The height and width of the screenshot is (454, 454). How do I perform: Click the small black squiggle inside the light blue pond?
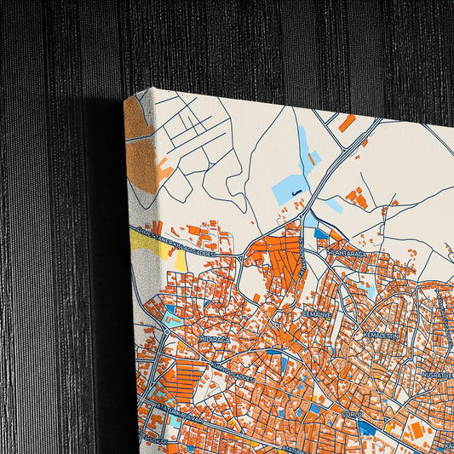pyautogui.click(x=295, y=194)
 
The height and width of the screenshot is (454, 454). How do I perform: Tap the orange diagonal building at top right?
pyautogui.click(x=347, y=124)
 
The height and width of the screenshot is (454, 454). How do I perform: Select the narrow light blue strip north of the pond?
pyautogui.click(x=303, y=145)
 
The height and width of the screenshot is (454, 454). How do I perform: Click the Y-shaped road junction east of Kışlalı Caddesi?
pyautogui.click(x=246, y=253)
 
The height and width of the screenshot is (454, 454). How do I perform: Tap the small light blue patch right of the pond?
pyautogui.click(x=333, y=205)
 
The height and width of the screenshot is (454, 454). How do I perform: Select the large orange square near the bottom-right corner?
pyautogui.click(x=419, y=431)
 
